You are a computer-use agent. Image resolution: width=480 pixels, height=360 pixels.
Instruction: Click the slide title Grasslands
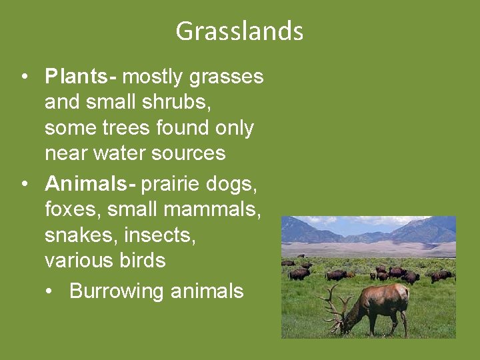(x=239, y=31)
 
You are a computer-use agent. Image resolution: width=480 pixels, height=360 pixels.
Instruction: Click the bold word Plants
(x=76, y=77)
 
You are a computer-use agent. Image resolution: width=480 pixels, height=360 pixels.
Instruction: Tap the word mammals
(x=212, y=209)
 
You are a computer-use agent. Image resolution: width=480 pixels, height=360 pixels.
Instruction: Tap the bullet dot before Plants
(x=24, y=77)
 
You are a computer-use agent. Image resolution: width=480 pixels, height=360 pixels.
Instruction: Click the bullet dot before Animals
(x=24, y=182)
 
